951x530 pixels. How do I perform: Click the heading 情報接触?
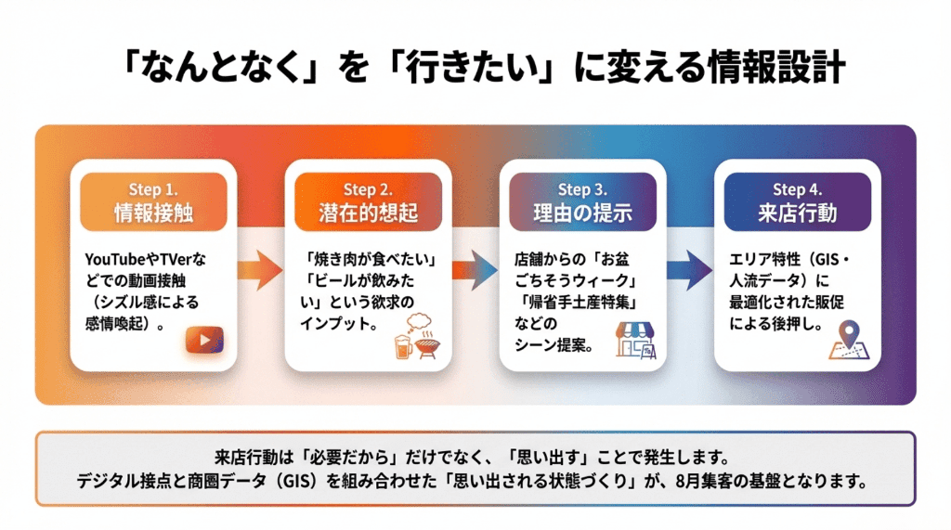(x=153, y=213)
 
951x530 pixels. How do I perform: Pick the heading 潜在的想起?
(x=368, y=213)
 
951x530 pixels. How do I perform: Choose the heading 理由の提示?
(x=582, y=213)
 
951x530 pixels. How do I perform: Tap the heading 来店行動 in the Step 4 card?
(x=797, y=213)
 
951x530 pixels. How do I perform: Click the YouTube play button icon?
(x=204, y=341)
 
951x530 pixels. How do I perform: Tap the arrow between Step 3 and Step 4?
(x=690, y=270)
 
